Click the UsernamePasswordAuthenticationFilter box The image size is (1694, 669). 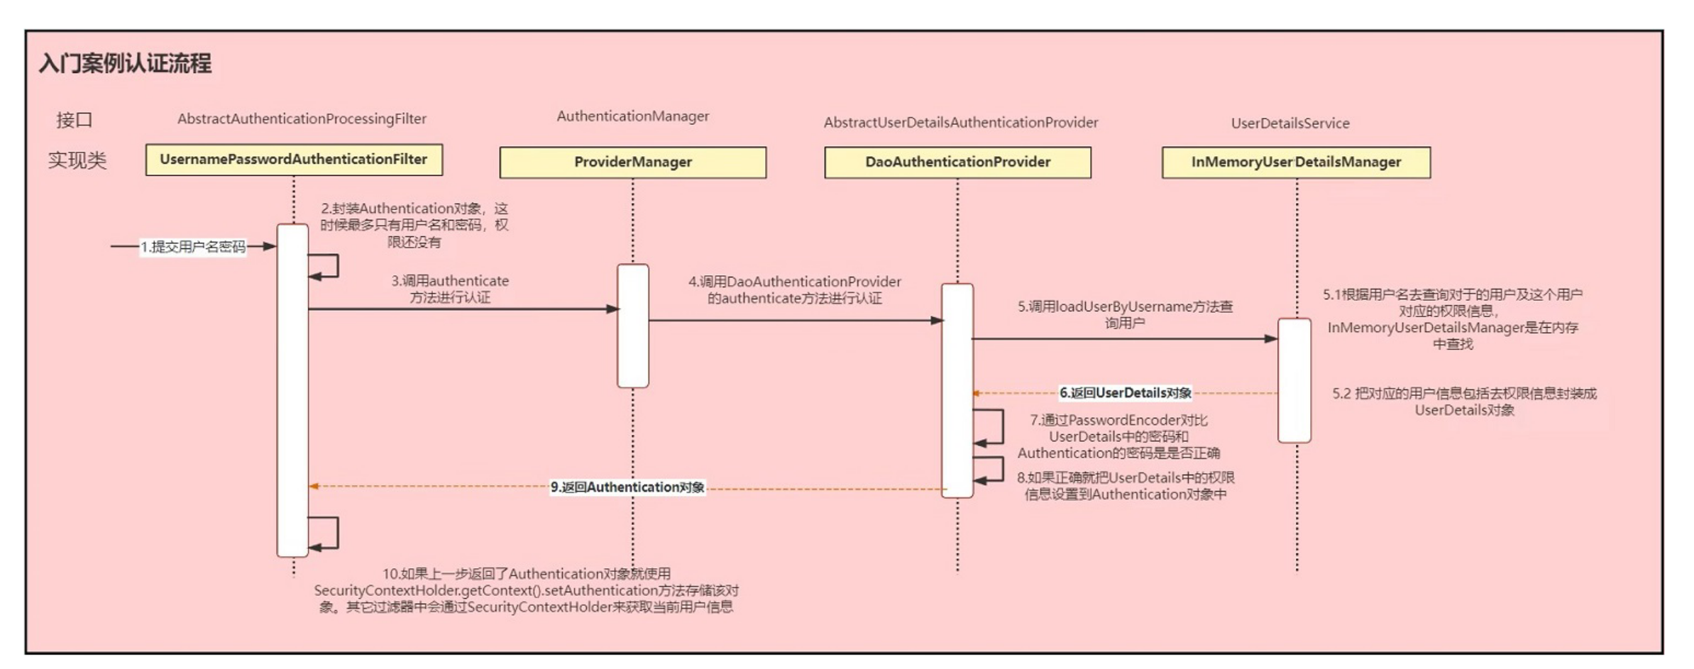pos(294,160)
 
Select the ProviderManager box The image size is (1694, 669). pos(632,162)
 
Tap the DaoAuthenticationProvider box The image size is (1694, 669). pos(957,162)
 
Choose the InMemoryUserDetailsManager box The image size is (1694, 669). pos(1296,162)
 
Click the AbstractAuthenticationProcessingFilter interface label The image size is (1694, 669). pos(302,119)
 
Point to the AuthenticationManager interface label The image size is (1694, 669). pos(632,116)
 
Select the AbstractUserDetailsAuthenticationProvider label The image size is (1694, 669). pos(960,123)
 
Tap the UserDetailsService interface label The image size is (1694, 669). pos(1289,123)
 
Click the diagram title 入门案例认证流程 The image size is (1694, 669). pos(125,64)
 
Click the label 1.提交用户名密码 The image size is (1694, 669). pos(193,247)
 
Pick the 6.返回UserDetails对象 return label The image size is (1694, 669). pos(1125,393)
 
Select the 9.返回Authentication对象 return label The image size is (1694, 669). pos(627,487)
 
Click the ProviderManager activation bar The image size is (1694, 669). pos(632,326)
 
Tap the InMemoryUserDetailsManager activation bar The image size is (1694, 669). pos(1294,380)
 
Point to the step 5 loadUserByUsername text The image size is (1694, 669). pos(1125,314)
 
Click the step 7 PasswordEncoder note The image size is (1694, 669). pos(1118,436)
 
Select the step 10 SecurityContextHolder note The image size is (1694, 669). pos(526,590)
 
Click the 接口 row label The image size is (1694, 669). pos(75,120)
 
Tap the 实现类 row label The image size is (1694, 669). pos(77,160)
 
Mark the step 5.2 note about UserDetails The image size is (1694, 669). pos(1464,402)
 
